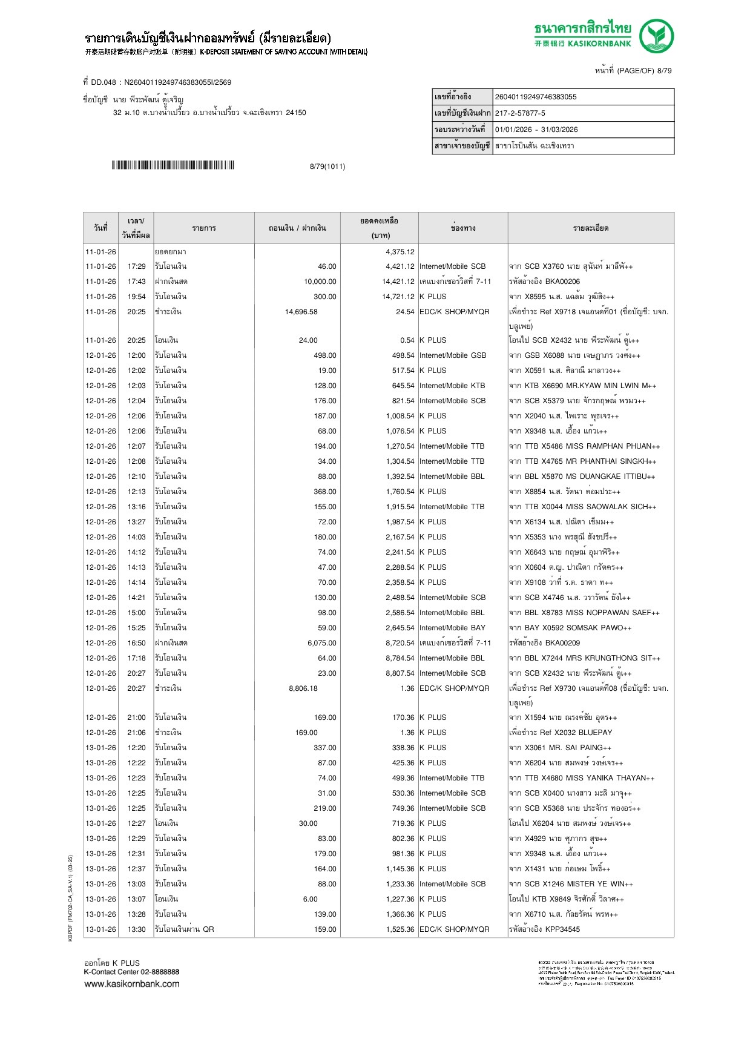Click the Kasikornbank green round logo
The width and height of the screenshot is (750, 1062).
click(656, 36)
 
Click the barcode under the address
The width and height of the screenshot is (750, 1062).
click(173, 165)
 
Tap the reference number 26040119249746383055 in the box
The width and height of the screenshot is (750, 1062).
click(535, 97)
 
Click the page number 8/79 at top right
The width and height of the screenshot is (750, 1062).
click(664, 71)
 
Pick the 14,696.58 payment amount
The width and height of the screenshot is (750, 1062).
click(301, 312)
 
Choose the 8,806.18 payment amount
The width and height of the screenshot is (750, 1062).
click(303, 688)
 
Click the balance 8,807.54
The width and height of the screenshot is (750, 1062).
click(400, 673)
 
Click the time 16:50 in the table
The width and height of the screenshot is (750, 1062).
click(136, 643)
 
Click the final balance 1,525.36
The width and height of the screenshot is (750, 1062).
click(400, 929)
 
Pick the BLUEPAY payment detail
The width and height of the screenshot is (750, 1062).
click(561, 733)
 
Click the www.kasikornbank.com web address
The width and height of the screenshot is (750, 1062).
click(131, 984)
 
